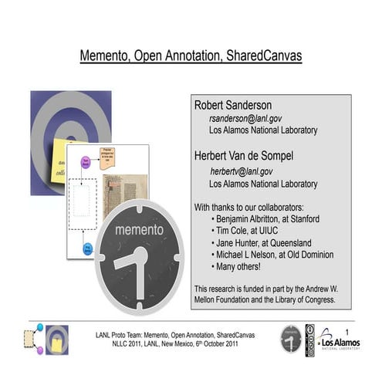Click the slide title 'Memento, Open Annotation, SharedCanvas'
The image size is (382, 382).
(191, 56)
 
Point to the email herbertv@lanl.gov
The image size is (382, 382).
(242, 171)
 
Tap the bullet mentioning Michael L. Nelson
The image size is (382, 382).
(275, 254)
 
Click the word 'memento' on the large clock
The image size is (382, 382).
(139, 229)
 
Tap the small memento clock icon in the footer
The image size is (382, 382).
(291, 339)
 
